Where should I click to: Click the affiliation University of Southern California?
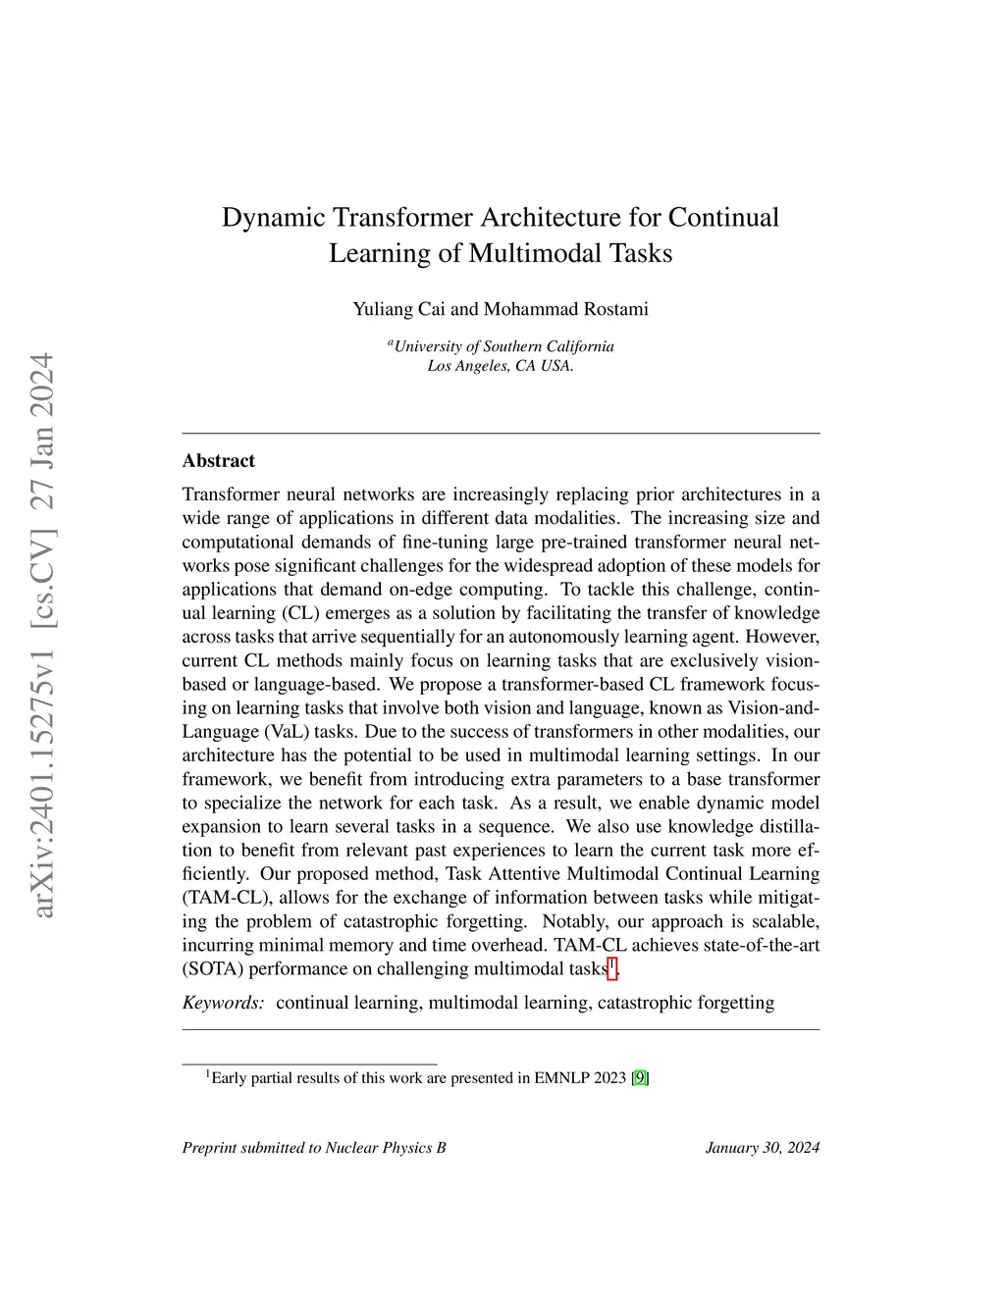[x=503, y=346]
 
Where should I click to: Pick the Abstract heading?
[x=218, y=460]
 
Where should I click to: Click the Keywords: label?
[x=223, y=1003]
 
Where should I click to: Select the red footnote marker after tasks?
[x=611, y=968]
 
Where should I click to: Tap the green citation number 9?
[x=639, y=1078]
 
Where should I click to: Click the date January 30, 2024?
[x=762, y=1148]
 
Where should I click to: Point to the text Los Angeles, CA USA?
[x=501, y=367]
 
